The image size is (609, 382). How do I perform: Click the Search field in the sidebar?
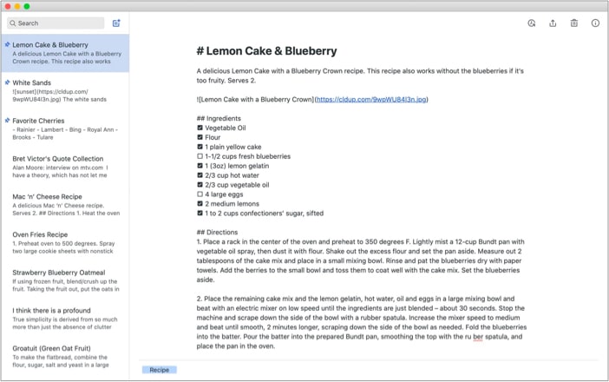coord(56,23)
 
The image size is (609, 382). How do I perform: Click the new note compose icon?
coord(117,23)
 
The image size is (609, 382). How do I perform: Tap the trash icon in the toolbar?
coord(573,23)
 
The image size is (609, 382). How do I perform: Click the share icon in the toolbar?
coord(553,23)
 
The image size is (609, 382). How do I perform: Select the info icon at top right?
coord(595,23)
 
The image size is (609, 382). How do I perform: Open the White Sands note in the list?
coord(32,82)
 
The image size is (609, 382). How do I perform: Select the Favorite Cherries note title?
coord(38,121)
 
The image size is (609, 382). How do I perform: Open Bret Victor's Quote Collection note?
coord(57,159)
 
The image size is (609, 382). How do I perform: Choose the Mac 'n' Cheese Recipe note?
coord(47,197)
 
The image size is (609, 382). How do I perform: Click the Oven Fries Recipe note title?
coord(40,234)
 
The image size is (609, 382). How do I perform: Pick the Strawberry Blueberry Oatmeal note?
coord(58,273)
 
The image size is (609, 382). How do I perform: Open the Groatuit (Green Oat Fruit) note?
coord(51,348)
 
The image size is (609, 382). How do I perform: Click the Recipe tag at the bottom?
coord(160,370)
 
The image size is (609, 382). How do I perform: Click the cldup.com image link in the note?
coord(370,100)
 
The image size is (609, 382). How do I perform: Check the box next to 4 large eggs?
coord(200,194)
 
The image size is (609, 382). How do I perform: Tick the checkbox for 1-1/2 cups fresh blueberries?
coord(200,156)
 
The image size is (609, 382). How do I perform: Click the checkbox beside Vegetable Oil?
coord(200,128)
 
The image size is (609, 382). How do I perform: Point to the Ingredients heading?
coord(219,118)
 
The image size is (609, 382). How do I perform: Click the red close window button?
coord(6,6)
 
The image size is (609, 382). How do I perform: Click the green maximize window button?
coord(27,6)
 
